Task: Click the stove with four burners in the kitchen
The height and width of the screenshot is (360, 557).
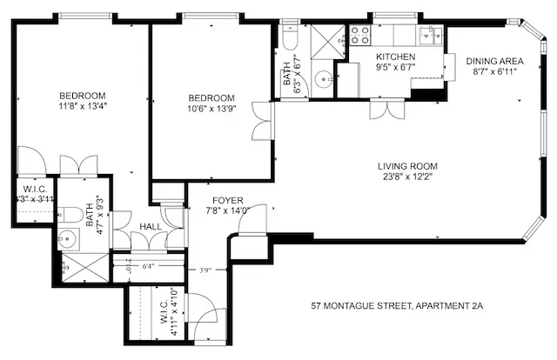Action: [360, 35]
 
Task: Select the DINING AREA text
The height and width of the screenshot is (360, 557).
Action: [493, 61]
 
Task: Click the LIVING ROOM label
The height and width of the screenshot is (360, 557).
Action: [407, 166]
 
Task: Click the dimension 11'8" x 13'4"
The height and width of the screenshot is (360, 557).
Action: [83, 106]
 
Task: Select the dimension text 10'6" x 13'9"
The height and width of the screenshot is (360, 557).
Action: [212, 108]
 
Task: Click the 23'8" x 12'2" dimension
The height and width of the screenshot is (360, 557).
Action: [407, 177]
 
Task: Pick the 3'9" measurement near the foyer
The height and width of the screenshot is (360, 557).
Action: [205, 270]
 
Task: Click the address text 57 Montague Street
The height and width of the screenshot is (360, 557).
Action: [397, 306]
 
